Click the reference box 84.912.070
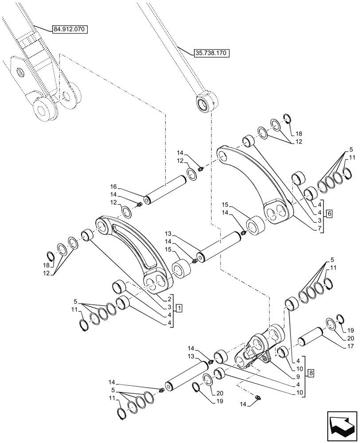[x=70, y=30]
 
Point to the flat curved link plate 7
[x=257, y=182]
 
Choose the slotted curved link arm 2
[x=133, y=253]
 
